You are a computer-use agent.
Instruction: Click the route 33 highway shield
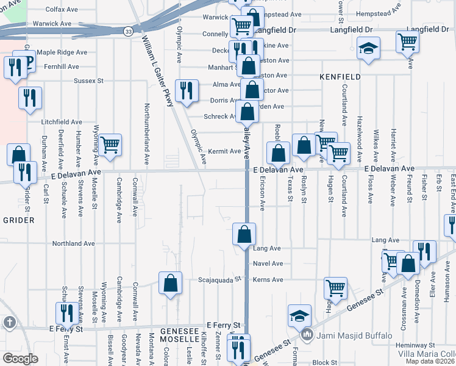pos(127,30)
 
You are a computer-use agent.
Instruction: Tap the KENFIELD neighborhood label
pos(340,77)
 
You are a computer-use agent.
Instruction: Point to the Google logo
pos(20,358)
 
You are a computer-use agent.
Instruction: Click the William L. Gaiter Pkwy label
pos(157,70)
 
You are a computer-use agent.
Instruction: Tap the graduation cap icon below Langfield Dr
pos(368,48)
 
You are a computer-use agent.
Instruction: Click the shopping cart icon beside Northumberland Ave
pos(110,146)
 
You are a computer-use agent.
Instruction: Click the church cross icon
pos(9,321)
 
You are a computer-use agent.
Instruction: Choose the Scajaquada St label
pos(220,280)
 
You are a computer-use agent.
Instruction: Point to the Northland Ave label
pos(74,243)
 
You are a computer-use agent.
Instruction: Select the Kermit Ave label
pos(224,151)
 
